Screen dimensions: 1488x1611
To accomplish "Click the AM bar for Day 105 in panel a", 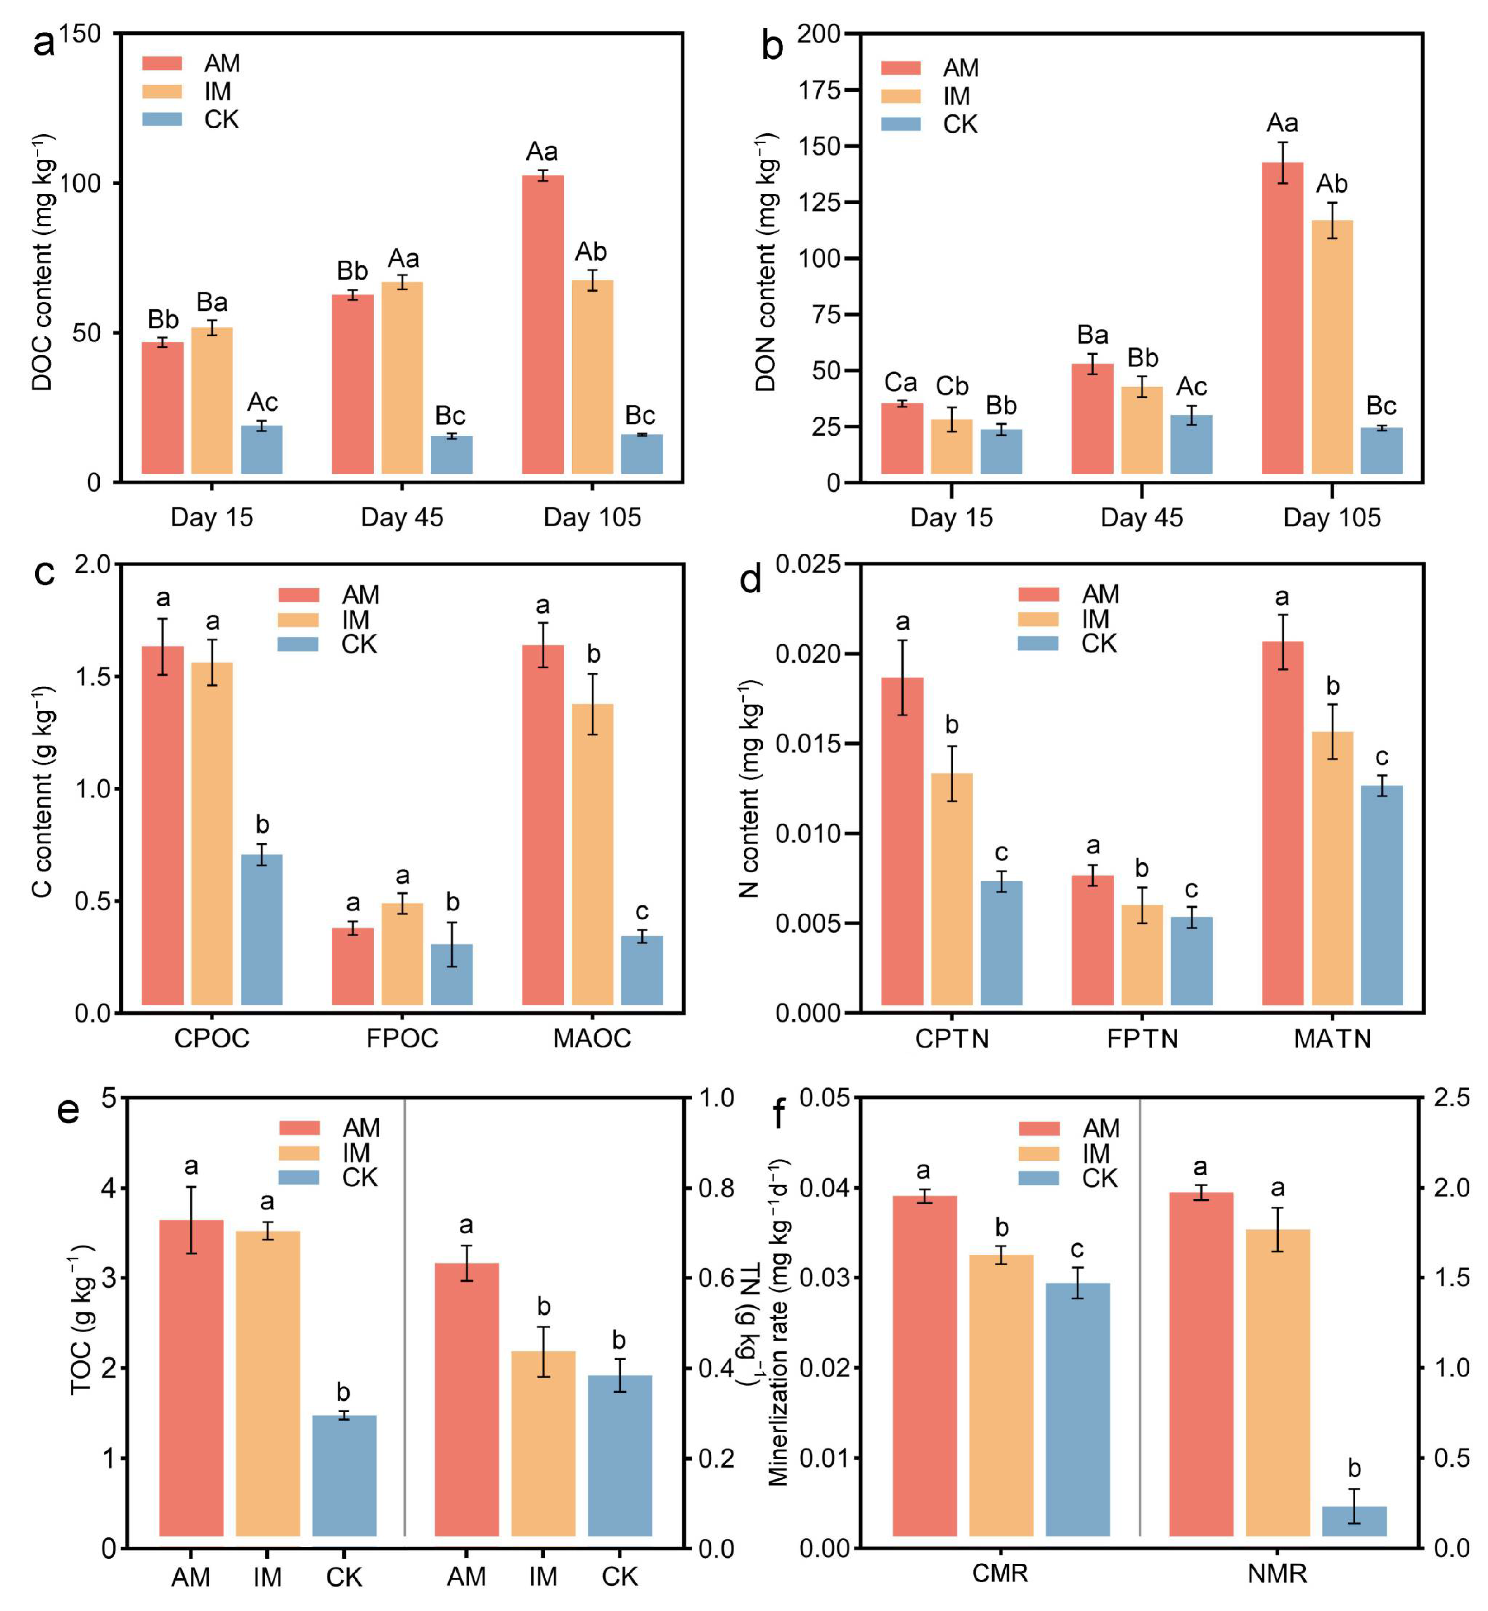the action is click(x=543, y=324).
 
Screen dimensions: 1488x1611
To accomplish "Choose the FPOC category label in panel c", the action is click(x=402, y=1038).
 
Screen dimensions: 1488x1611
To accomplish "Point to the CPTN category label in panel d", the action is click(x=952, y=1038).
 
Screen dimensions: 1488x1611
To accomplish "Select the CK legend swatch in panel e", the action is click(x=299, y=1177).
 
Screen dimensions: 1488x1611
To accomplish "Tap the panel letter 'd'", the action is click(x=751, y=579).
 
